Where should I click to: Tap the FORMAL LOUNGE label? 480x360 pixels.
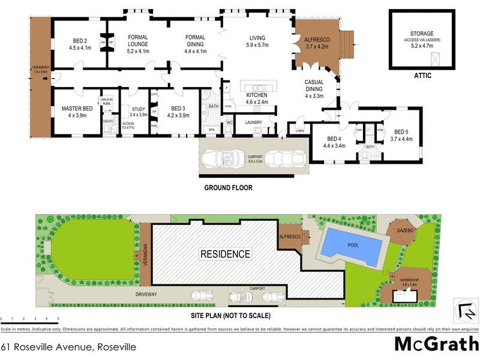click(138, 40)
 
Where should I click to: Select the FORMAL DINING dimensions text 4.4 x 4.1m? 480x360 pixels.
click(195, 52)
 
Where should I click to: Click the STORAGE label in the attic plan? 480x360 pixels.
click(422, 34)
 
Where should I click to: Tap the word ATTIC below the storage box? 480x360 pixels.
click(422, 76)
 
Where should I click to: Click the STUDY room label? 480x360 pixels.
click(138, 109)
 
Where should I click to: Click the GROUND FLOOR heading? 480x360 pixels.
click(228, 188)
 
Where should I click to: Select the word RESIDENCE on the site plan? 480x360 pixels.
click(226, 254)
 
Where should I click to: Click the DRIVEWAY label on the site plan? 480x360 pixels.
click(146, 294)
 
